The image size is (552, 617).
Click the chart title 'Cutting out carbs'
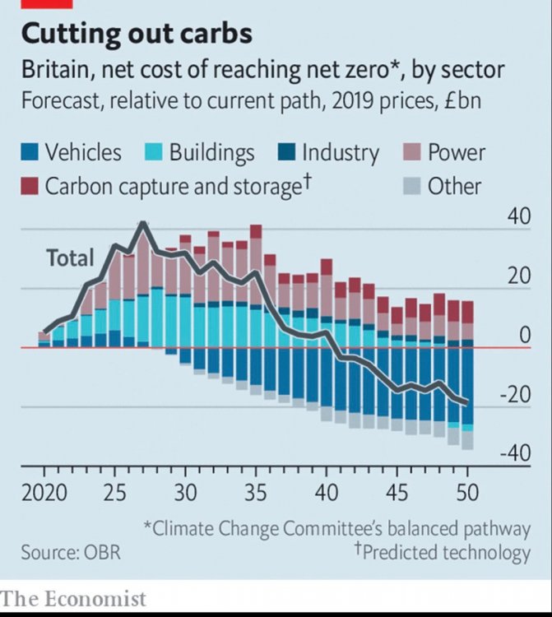pyautogui.click(x=137, y=34)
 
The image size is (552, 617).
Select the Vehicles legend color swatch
pyautogui.click(x=30, y=153)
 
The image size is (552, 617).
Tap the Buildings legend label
pyautogui.click(x=211, y=153)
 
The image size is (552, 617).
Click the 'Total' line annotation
pyautogui.click(x=70, y=258)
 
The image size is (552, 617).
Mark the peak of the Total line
pyautogui.click(x=143, y=223)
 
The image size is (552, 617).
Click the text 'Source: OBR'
pyautogui.click(x=71, y=552)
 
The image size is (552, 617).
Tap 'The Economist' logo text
pyautogui.click(x=73, y=599)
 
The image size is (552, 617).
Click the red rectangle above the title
pyautogui.click(x=42, y=3)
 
